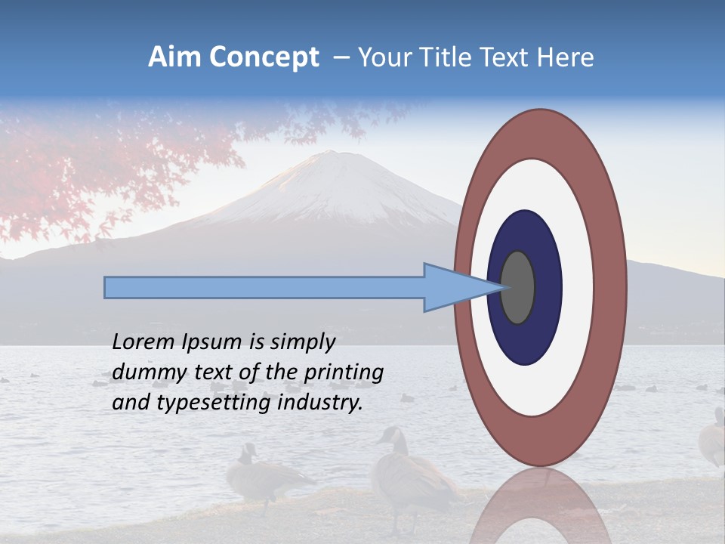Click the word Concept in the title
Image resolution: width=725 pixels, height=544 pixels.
(x=258, y=57)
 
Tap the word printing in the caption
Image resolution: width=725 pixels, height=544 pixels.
(x=343, y=372)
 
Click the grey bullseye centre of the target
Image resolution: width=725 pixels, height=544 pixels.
(x=518, y=287)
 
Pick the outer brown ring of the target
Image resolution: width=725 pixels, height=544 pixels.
(x=610, y=287)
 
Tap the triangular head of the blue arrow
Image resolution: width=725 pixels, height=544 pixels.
(x=453, y=287)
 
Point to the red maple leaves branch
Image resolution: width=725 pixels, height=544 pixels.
(x=113, y=159)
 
